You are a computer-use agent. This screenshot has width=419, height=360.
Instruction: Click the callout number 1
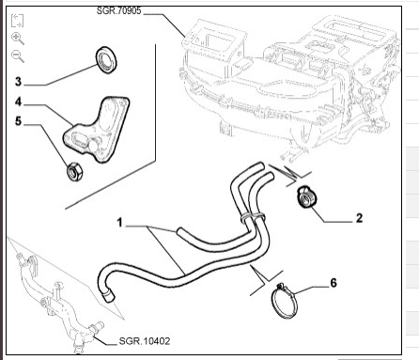[x=119, y=223]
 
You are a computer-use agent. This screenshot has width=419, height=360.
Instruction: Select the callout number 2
[x=359, y=218]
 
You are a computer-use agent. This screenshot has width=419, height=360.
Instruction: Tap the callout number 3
[x=19, y=82]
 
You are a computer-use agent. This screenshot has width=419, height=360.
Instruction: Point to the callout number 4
[x=19, y=102]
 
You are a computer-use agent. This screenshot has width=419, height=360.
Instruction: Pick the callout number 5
[x=19, y=121]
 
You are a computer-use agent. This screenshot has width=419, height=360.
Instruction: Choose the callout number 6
[x=334, y=283]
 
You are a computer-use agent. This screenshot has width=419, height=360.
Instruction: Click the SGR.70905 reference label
[x=118, y=10]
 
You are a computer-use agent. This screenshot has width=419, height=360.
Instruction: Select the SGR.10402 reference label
[x=145, y=341]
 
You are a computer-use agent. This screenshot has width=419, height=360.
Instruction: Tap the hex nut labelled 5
[x=74, y=172]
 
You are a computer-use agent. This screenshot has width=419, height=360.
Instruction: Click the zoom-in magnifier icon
[x=18, y=39]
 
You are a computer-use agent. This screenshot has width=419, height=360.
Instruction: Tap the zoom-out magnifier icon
[x=18, y=56]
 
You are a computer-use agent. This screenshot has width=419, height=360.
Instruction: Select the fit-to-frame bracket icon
[x=17, y=21]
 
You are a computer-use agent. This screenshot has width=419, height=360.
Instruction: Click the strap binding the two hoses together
[x=253, y=216]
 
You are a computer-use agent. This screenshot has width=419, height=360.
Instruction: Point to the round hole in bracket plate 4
[x=94, y=146]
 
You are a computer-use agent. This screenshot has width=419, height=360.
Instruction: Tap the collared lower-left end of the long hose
[x=109, y=297]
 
